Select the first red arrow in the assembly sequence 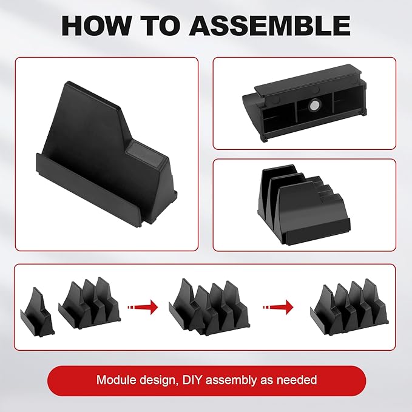click(x=142, y=307)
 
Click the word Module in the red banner click(x=115, y=381)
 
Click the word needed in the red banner click(x=297, y=381)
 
